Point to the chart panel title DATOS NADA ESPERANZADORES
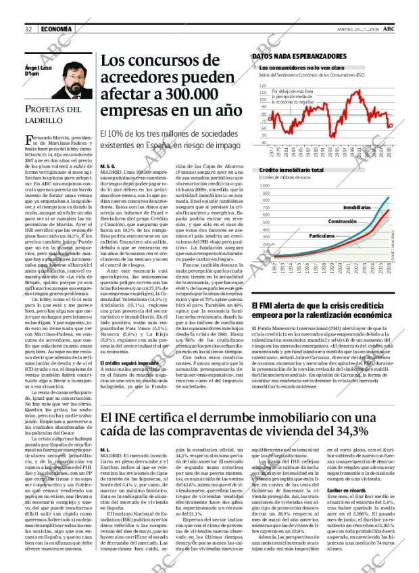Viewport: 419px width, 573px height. coord(299,56)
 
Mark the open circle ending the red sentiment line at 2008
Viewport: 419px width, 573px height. coord(390,125)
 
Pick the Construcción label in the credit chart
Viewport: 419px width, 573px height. coord(343,221)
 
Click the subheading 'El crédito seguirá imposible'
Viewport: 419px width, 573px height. coord(129,364)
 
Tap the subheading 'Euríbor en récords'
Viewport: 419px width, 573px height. coord(347,489)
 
